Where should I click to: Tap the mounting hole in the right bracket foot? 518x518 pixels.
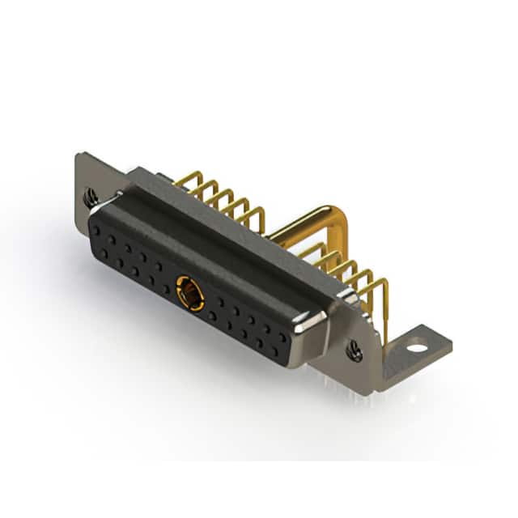(x=417, y=349)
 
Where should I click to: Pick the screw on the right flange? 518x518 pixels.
(x=354, y=350)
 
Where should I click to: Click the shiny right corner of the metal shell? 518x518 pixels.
(x=312, y=327)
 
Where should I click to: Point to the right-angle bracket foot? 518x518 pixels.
(x=405, y=356)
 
